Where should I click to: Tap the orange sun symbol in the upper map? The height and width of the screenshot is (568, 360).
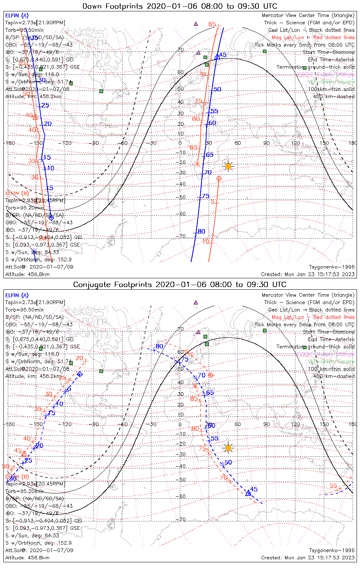point(228,166)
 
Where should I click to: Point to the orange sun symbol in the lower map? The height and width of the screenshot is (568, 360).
point(228,448)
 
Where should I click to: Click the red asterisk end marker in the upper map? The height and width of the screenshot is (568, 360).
point(197,164)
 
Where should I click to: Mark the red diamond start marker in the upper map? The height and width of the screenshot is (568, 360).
point(219,178)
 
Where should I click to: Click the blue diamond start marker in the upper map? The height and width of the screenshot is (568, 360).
point(51,218)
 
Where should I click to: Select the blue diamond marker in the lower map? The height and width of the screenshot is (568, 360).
point(80,374)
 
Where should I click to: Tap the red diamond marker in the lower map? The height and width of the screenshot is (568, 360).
point(211,375)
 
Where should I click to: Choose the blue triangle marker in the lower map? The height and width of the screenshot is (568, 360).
point(248,493)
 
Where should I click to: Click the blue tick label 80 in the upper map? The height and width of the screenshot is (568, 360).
point(201,231)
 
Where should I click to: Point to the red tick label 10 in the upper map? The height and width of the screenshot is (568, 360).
point(206,241)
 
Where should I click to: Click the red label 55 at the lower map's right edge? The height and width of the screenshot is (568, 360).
point(333,486)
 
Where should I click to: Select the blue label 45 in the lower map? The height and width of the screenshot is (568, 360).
point(254,489)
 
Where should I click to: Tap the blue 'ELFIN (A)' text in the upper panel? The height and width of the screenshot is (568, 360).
point(17,16)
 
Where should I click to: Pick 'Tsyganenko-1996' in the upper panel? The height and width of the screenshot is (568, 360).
point(332,267)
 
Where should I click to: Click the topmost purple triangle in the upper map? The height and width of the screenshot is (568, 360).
point(196,23)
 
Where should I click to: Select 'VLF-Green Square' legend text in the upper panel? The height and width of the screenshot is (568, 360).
point(331,82)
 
